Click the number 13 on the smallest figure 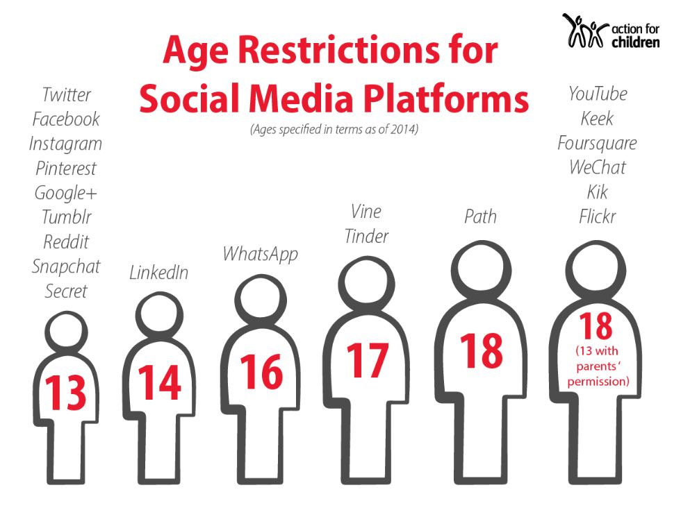[67, 392]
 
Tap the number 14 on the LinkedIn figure [159, 382]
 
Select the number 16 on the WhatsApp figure [261, 372]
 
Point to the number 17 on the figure [367, 360]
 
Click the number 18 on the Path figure [482, 350]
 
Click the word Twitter [67, 94]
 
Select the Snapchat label [66, 266]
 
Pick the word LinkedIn [158, 273]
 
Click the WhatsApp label [260, 253]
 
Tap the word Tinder [366, 236]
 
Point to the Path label [480, 216]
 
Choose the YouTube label [597, 94]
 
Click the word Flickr [597, 216]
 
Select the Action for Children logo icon [584, 31]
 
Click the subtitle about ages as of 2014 [334, 129]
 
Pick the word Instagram [66, 144]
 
